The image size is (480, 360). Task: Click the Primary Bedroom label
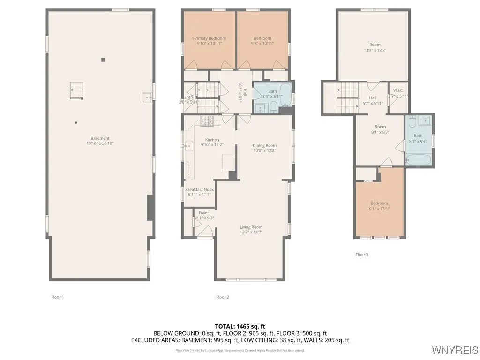pyautogui.click(x=210, y=38)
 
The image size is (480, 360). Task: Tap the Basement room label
pyautogui.click(x=100, y=138)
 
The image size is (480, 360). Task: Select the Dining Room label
pyautogui.click(x=265, y=145)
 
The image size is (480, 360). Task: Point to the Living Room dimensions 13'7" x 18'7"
pyautogui.click(x=251, y=232)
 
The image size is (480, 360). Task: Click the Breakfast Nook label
pyautogui.click(x=199, y=190)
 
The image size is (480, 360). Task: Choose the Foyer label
pyautogui.click(x=203, y=213)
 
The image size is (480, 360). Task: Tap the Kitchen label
pyautogui.click(x=212, y=140)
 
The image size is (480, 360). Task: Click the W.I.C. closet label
pyautogui.click(x=398, y=90)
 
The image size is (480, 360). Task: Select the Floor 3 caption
pyautogui.click(x=362, y=255)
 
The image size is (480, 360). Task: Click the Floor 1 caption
pyautogui.click(x=57, y=297)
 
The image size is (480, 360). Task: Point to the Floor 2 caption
pyautogui.click(x=223, y=297)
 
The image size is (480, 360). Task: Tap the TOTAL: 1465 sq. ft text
pyautogui.click(x=240, y=326)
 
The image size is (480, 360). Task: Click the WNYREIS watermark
pyautogui.click(x=455, y=350)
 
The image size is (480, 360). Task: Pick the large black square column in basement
pyautogui.click(x=103, y=60)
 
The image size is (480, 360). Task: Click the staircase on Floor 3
pyautogui.click(x=347, y=97)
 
